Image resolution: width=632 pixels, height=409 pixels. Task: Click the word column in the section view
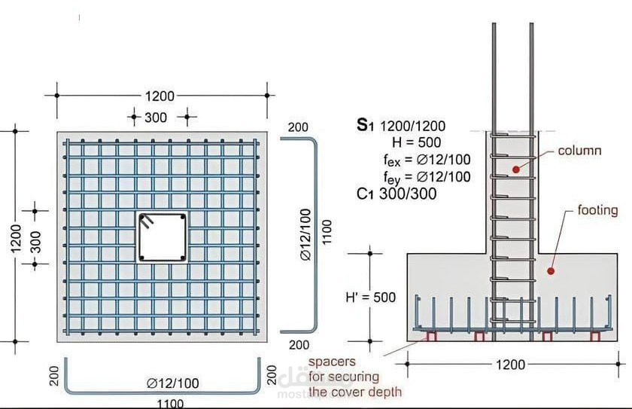pyautogui.click(x=579, y=151)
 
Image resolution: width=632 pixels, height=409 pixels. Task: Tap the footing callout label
pyautogui.click(x=597, y=210)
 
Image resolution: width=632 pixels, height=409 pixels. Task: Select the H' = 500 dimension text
pyautogui.click(x=371, y=298)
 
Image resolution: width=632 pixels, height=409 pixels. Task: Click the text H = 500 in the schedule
pyautogui.click(x=416, y=142)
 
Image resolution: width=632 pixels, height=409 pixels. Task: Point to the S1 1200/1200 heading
pyautogui.click(x=401, y=126)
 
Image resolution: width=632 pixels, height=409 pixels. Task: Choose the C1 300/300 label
pyautogui.click(x=397, y=194)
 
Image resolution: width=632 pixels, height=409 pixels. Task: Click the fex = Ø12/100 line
pyautogui.click(x=427, y=160)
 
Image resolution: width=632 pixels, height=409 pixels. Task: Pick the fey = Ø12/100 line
pyautogui.click(x=427, y=178)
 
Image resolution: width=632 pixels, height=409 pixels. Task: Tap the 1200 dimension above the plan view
pyautogui.click(x=160, y=96)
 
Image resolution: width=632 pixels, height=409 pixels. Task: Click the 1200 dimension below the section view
pyautogui.click(x=510, y=365)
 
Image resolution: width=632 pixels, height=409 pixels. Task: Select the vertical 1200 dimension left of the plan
pyautogui.click(x=16, y=238)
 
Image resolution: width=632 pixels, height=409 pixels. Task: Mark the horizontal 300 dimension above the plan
pyautogui.click(x=156, y=118)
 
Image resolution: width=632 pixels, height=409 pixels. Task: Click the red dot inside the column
pyautogui.click(x=516, y=169)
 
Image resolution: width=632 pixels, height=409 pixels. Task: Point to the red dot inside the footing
pyautogui.click(x=551, y=271)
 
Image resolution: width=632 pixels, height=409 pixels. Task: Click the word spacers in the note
pyautogui.click(x=332, y=362)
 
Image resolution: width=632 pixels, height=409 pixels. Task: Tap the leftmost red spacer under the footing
pyautogui.click(x=432, y=337)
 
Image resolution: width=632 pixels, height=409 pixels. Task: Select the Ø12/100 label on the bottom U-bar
pyautogui.click(x=173, y=383)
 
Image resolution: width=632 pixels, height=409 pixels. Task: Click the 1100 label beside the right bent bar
pyautogui.click(x=327, y=231)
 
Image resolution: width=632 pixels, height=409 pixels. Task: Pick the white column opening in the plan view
pyautogui.click(x=163, y=238)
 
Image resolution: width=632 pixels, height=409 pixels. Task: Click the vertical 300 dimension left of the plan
pyautogui.click(x=36, y=242)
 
